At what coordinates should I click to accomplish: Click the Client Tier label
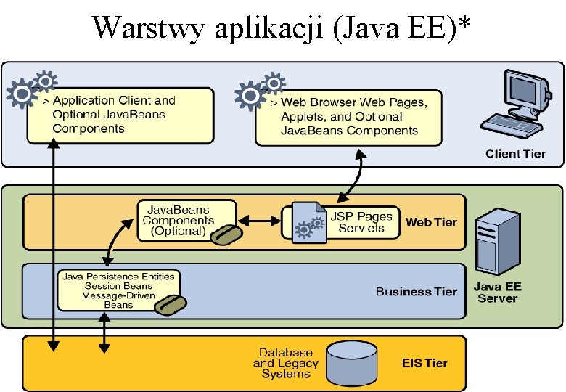point(515,154)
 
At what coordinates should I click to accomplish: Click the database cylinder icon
point(352,364)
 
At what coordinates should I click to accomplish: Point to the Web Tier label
point(431,222)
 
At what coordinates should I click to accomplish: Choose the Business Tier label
point(417,291)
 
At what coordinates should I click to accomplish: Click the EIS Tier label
point(424,363)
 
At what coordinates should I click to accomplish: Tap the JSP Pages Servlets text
point(361,222)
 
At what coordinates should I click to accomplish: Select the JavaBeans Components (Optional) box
point(186,221)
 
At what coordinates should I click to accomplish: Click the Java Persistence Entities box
point(119,290)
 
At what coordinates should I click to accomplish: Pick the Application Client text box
point(120,115)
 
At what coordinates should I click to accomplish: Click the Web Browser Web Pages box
point(349,118)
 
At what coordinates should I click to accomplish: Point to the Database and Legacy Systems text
point(285,363)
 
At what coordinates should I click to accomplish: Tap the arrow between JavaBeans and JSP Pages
point(259,221)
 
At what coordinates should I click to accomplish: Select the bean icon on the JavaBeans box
point(226,234)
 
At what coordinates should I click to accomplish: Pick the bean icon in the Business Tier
point(171,306)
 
